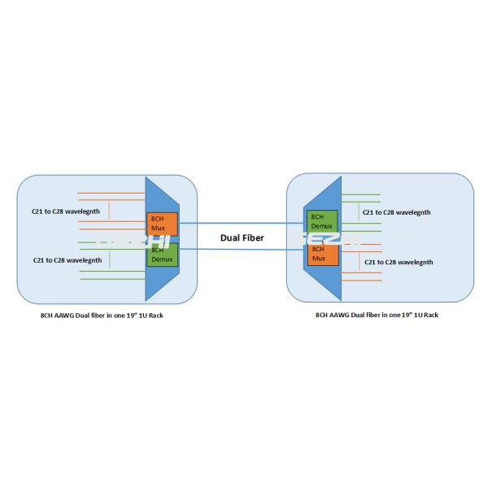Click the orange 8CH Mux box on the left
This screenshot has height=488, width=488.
(161, 224)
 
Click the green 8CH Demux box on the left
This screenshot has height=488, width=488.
(161, 255)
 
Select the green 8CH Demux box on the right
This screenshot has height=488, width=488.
(320, 221)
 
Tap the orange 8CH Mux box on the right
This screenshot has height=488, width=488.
(320, 254)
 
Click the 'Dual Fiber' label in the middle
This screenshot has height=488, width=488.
(241, 237)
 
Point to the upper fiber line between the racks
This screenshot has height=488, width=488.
(244, 222)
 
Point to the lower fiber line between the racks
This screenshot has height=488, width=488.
(244, 249)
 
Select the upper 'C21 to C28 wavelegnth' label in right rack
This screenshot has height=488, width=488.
(396, 212)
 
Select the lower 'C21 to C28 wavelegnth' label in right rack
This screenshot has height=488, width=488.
(399, 262)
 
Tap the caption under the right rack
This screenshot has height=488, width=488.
(377, 314)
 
